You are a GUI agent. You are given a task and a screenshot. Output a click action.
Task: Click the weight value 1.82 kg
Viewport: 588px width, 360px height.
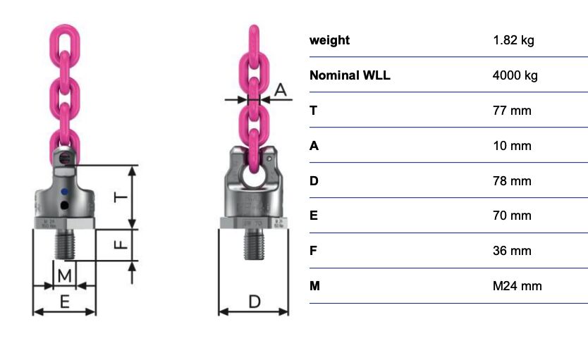pos(513,40)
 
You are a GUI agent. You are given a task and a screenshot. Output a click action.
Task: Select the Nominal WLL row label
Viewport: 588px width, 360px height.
pos(350,75)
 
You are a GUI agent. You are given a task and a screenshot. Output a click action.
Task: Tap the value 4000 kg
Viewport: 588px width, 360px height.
pos(515,75)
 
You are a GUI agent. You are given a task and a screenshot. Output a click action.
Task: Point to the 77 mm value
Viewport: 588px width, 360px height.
pos(512,111)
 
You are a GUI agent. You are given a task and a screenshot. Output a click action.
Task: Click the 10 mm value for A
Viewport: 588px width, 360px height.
pos(512,146)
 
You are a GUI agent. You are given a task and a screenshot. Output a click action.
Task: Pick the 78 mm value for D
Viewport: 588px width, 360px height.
pos(512,181)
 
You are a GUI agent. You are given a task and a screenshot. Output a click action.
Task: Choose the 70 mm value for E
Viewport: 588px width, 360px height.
pos(512,216)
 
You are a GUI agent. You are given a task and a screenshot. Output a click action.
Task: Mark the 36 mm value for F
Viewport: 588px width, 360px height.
pos(512,251)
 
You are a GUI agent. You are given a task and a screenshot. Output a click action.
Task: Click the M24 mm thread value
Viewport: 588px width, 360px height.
pos(517,286)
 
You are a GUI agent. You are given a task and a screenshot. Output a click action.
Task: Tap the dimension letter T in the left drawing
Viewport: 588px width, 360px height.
pos(121,197)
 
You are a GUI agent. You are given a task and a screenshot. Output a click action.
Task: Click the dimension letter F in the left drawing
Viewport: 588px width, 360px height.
pos(121,244)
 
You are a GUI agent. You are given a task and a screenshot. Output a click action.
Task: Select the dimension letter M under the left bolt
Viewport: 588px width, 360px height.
pos(64,276)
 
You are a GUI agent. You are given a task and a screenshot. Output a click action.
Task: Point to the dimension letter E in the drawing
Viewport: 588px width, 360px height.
pos(64,302)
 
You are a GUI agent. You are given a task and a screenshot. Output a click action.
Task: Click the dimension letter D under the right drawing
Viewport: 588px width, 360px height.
pos(255,302)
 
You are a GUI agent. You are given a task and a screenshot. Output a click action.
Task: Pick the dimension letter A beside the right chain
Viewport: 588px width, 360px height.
pos(281,90)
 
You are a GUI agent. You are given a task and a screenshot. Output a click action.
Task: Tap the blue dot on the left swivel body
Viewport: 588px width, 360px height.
pos(64,192)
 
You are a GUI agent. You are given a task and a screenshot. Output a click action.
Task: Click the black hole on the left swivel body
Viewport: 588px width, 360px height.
pos(64,205)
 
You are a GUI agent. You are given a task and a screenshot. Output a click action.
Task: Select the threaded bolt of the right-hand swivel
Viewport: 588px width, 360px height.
pos(254,244)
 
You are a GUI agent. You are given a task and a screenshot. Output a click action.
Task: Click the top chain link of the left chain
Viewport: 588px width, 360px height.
pos(64,46)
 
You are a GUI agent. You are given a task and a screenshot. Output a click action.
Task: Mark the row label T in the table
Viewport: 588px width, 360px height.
pos(314,111)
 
